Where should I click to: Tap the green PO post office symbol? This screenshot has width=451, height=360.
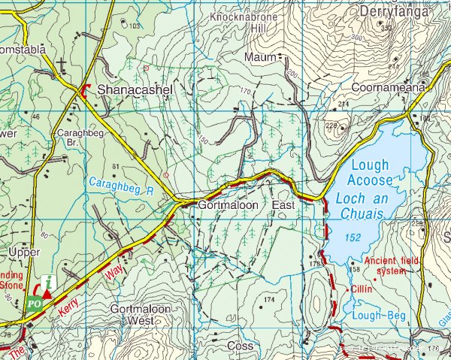[x=33, y=304]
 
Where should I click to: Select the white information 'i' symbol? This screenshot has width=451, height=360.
[x=49, y=283]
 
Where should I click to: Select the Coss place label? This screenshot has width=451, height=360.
[x=241, y=346]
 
